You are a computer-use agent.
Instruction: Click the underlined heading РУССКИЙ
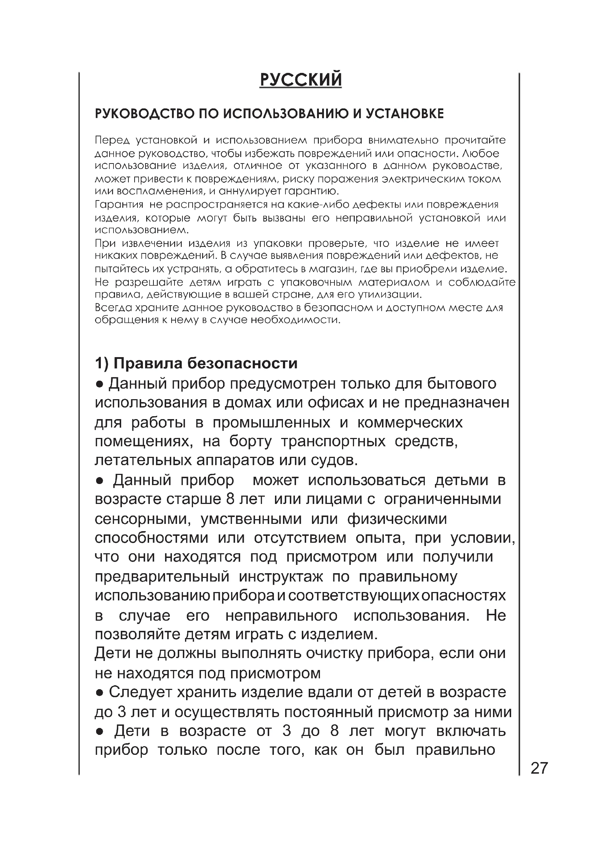point(301,80)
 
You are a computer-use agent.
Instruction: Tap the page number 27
point(539,768)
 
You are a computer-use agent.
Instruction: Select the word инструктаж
point(281,576)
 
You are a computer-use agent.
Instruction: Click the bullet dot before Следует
point(99,692)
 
